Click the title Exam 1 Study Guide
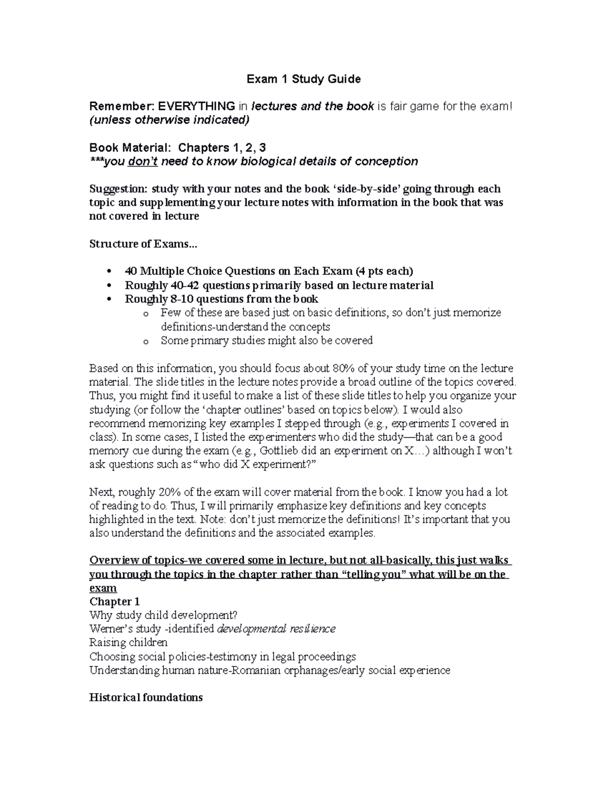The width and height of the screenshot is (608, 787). point(303,79)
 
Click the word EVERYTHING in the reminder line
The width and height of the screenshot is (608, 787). point(197,106)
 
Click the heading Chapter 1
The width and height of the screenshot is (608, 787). point(115,602)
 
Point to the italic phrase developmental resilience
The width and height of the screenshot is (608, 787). point(276,629)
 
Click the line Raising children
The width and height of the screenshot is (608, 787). point(128,643)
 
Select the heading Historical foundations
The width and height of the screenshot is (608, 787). point(146,698)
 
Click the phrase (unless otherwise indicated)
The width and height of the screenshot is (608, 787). point(169,121)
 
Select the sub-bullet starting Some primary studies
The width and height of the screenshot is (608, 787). point(267,341)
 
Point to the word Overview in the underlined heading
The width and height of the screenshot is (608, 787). point(112,560)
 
